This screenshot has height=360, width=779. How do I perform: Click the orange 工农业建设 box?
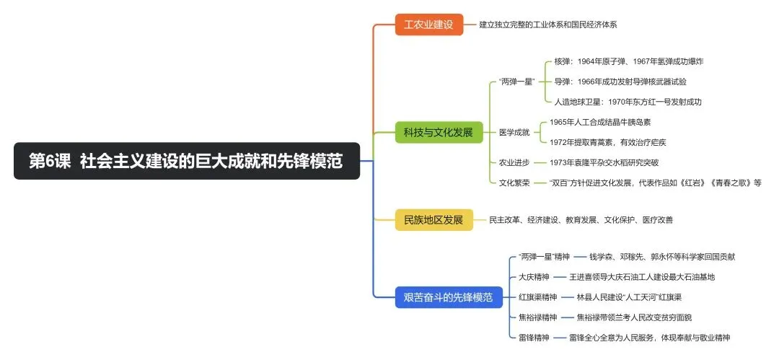(428, 25)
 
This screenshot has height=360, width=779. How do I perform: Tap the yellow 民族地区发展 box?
(433, 219)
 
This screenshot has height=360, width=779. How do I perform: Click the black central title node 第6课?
(186, 161)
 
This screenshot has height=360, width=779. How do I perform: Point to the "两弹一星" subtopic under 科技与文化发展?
(516, 82)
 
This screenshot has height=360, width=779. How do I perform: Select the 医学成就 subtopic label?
(514, 132)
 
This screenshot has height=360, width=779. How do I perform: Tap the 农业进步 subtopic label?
(514, 162)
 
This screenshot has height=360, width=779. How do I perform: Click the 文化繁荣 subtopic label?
(514, 183)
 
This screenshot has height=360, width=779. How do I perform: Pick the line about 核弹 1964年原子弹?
(618, 61)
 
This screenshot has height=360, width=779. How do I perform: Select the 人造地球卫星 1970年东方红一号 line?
(628, 102)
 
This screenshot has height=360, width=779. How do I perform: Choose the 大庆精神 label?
(534, 276)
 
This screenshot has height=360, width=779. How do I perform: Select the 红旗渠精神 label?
(538, 297)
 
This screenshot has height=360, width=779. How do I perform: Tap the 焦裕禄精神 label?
(538, 317)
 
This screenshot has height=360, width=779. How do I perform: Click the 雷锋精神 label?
(534, 337)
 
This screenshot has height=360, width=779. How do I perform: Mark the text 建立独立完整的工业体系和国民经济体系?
(548, 25)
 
